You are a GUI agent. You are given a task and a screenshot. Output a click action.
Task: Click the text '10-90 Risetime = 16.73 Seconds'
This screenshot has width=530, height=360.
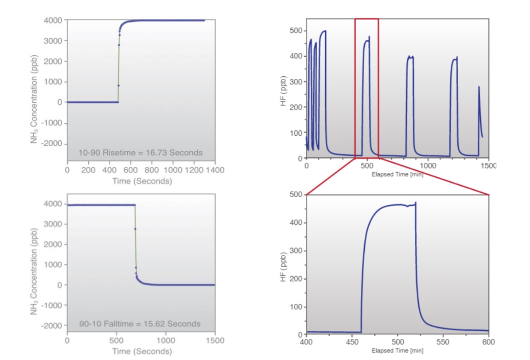tap(140, 153)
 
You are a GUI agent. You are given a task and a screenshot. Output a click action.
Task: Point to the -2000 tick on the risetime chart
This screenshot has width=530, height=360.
tap(53, 144)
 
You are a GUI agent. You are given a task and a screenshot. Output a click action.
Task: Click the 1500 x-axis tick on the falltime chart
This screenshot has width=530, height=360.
tap(215, 340)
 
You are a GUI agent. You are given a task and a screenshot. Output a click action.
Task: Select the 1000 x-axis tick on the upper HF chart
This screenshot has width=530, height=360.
tap(428, 165)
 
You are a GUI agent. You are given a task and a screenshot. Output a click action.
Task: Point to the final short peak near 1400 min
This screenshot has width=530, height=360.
tap(479, 89)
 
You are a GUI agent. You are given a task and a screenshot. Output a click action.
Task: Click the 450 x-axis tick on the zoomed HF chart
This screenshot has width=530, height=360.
tap(352, 342)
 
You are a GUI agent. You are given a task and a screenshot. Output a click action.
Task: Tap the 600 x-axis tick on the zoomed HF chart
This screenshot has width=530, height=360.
tap(488, 342)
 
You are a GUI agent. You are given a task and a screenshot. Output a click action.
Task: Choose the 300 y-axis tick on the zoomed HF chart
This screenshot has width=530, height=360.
tap(296, 251)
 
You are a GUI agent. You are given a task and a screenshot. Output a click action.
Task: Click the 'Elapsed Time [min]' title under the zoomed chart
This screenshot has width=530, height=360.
tap(397, 351)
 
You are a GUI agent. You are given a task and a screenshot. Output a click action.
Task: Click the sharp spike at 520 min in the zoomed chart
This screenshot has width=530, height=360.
tap(416, 203)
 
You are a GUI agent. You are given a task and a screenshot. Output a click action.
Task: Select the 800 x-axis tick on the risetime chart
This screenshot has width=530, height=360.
tap(152, 170)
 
